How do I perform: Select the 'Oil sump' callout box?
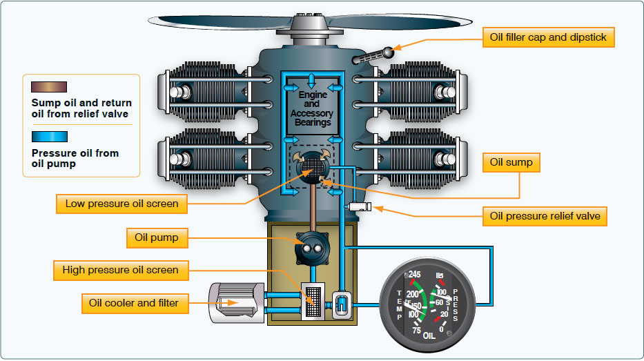[x=510, y=163]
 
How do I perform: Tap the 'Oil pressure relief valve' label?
[x=545, y=216]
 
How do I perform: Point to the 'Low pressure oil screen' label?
[x=121, y=204]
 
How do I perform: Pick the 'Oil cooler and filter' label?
[x=133, y=302]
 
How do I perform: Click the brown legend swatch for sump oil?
[x=49, y=87]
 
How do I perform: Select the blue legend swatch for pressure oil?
[x=49, y=137]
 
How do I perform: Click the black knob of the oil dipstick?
[x=391, y=51]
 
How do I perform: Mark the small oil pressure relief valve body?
[x=360, y=206]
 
